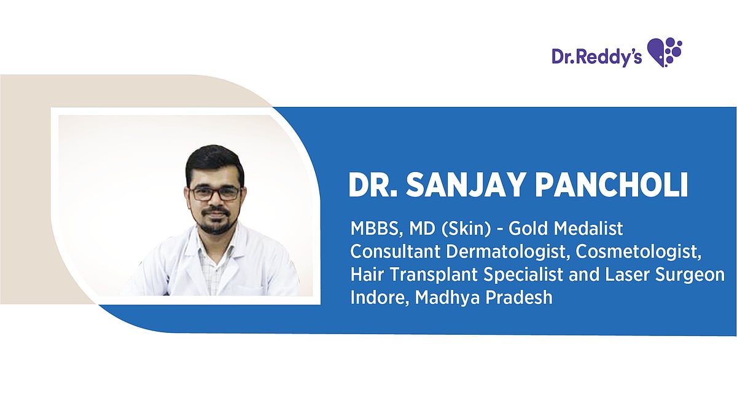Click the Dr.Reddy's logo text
click(596, 57)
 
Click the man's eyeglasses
click(215, 193)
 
